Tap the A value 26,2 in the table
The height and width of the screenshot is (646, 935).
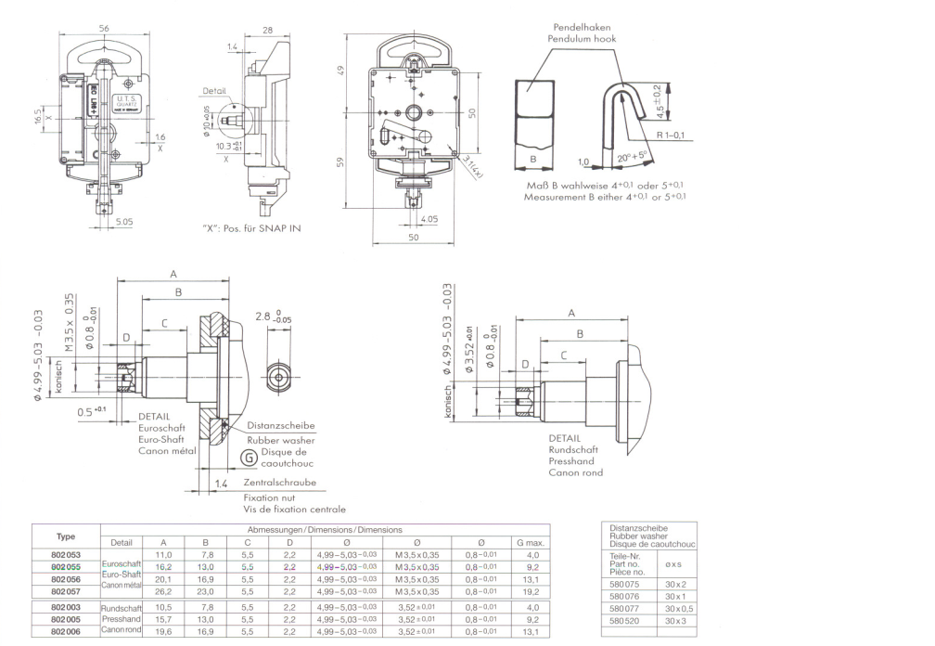coord(163,590)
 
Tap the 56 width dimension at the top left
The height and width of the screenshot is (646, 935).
coord(104,29)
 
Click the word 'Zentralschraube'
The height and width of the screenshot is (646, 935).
coord(279,483)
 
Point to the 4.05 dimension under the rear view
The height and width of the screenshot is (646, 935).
coord(428,219)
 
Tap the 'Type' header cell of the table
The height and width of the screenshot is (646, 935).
coord(66,536)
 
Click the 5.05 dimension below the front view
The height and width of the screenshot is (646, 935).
coord(124,222)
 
